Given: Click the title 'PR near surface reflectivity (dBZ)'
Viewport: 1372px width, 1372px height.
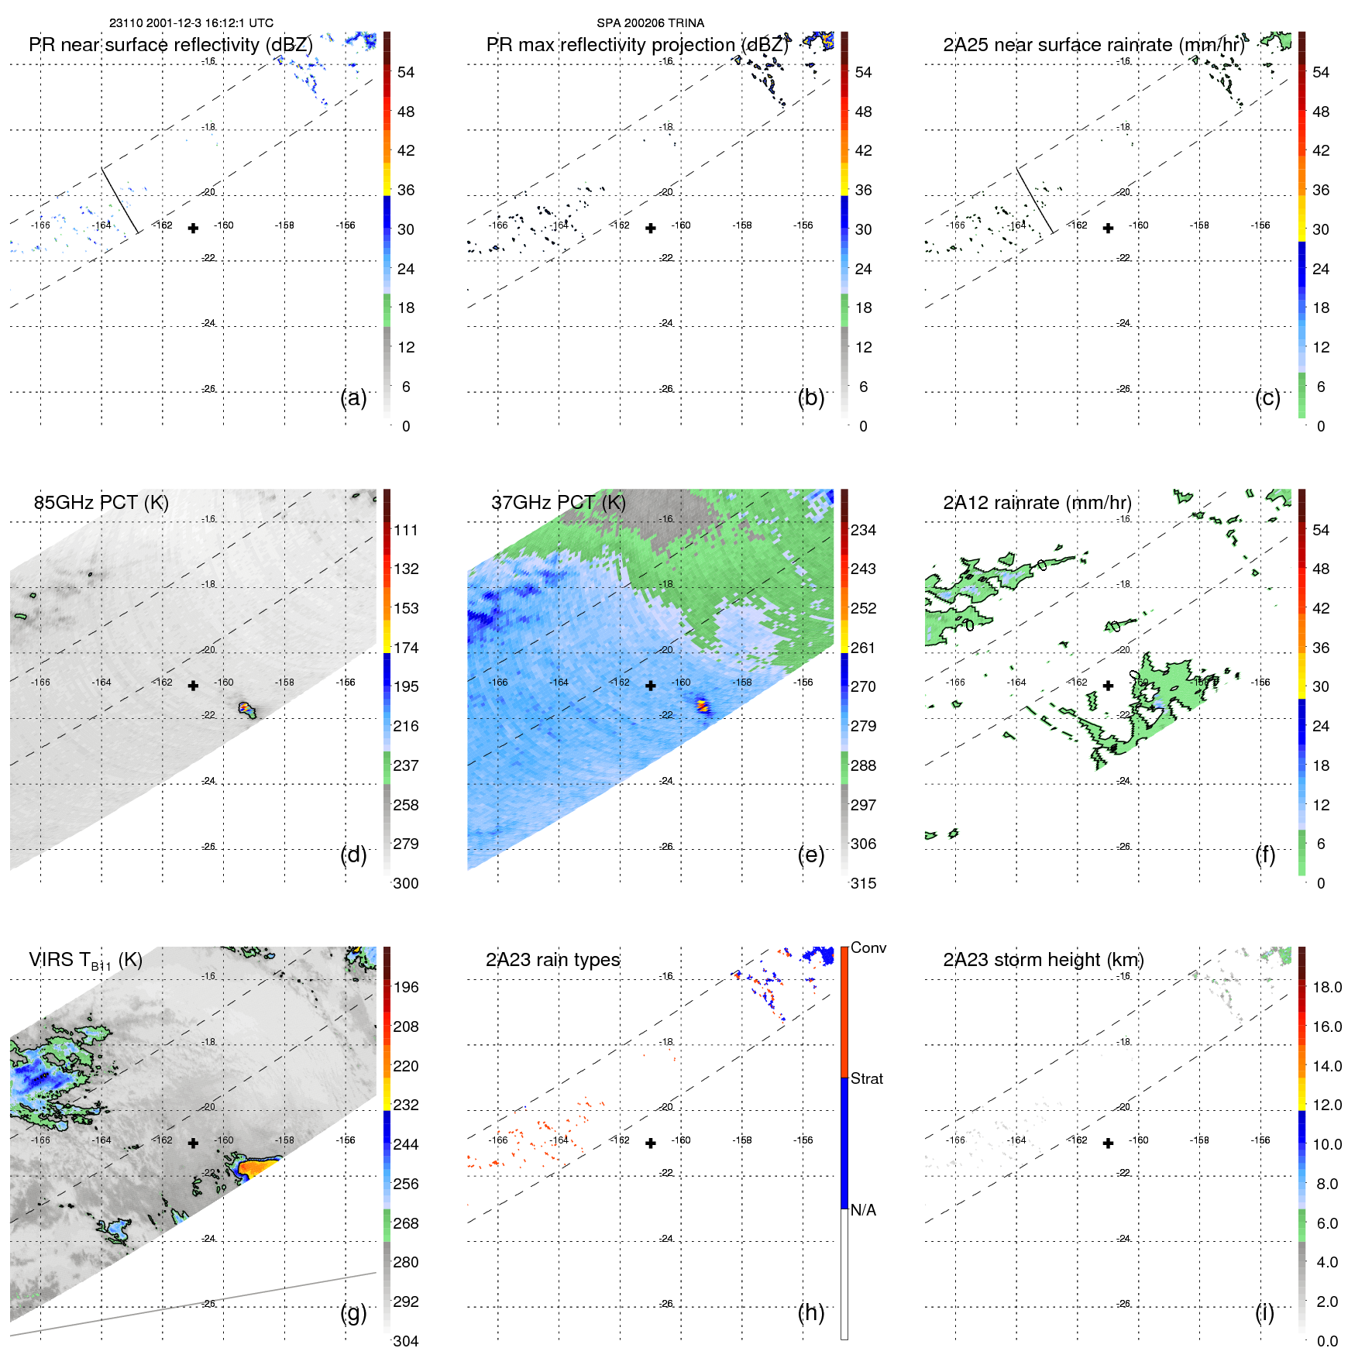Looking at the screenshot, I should (170, 45).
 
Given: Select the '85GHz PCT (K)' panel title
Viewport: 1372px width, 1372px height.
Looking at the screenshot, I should (101, 503).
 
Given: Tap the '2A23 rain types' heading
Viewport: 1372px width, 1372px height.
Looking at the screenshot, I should (552, 960).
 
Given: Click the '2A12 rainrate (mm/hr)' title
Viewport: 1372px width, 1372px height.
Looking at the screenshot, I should (1037, 503).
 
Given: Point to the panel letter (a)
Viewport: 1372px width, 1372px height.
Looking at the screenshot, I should (353, 397).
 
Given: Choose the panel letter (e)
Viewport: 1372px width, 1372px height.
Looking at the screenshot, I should (810, 854).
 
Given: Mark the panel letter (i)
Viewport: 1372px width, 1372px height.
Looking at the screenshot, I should (1264, 1312).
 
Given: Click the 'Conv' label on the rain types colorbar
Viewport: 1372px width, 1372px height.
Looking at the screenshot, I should (868, 947).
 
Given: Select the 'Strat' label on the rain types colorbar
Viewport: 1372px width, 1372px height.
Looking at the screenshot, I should (867, 1078).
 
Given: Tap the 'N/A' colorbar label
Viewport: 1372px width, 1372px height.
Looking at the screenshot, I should (863, 1210).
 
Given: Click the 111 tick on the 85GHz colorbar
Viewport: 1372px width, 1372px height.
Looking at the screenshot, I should (406, 530).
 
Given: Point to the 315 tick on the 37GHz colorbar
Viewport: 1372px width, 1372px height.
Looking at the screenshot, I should (863, 883).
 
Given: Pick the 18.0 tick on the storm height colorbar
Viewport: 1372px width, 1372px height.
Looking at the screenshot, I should (1327, 987).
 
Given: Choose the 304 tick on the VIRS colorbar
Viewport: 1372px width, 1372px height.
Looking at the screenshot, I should (406, 1341).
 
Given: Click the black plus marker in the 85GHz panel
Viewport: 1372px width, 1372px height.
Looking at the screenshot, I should (193, 686).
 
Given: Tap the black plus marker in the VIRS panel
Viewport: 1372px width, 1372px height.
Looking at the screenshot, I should (193, 1143).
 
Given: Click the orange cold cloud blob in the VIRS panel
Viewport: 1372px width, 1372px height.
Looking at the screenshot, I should (256, 1166).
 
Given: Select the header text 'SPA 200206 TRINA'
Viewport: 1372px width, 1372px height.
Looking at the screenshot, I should (650, 23).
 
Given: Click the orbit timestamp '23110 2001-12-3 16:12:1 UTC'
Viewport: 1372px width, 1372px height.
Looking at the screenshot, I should (191, 23).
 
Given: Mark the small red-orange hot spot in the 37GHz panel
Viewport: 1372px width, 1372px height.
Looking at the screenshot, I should (702, 705).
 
